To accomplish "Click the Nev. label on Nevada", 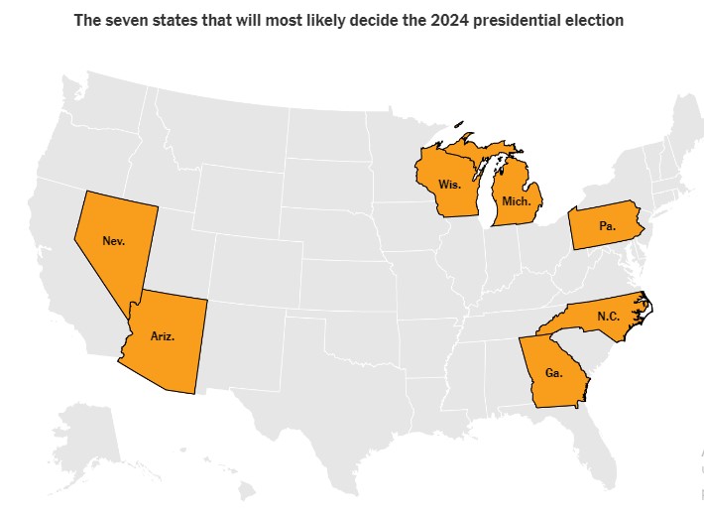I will pos(113,240).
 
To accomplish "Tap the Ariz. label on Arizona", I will pos(163,336).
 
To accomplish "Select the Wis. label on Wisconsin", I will pos(448,185).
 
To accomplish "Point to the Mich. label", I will pos(517,200).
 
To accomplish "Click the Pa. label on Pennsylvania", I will pos(607,226).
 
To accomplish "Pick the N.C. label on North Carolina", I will pos(609,316).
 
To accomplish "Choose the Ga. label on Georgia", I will pos(552,373).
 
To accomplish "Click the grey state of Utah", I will pos(178,248).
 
